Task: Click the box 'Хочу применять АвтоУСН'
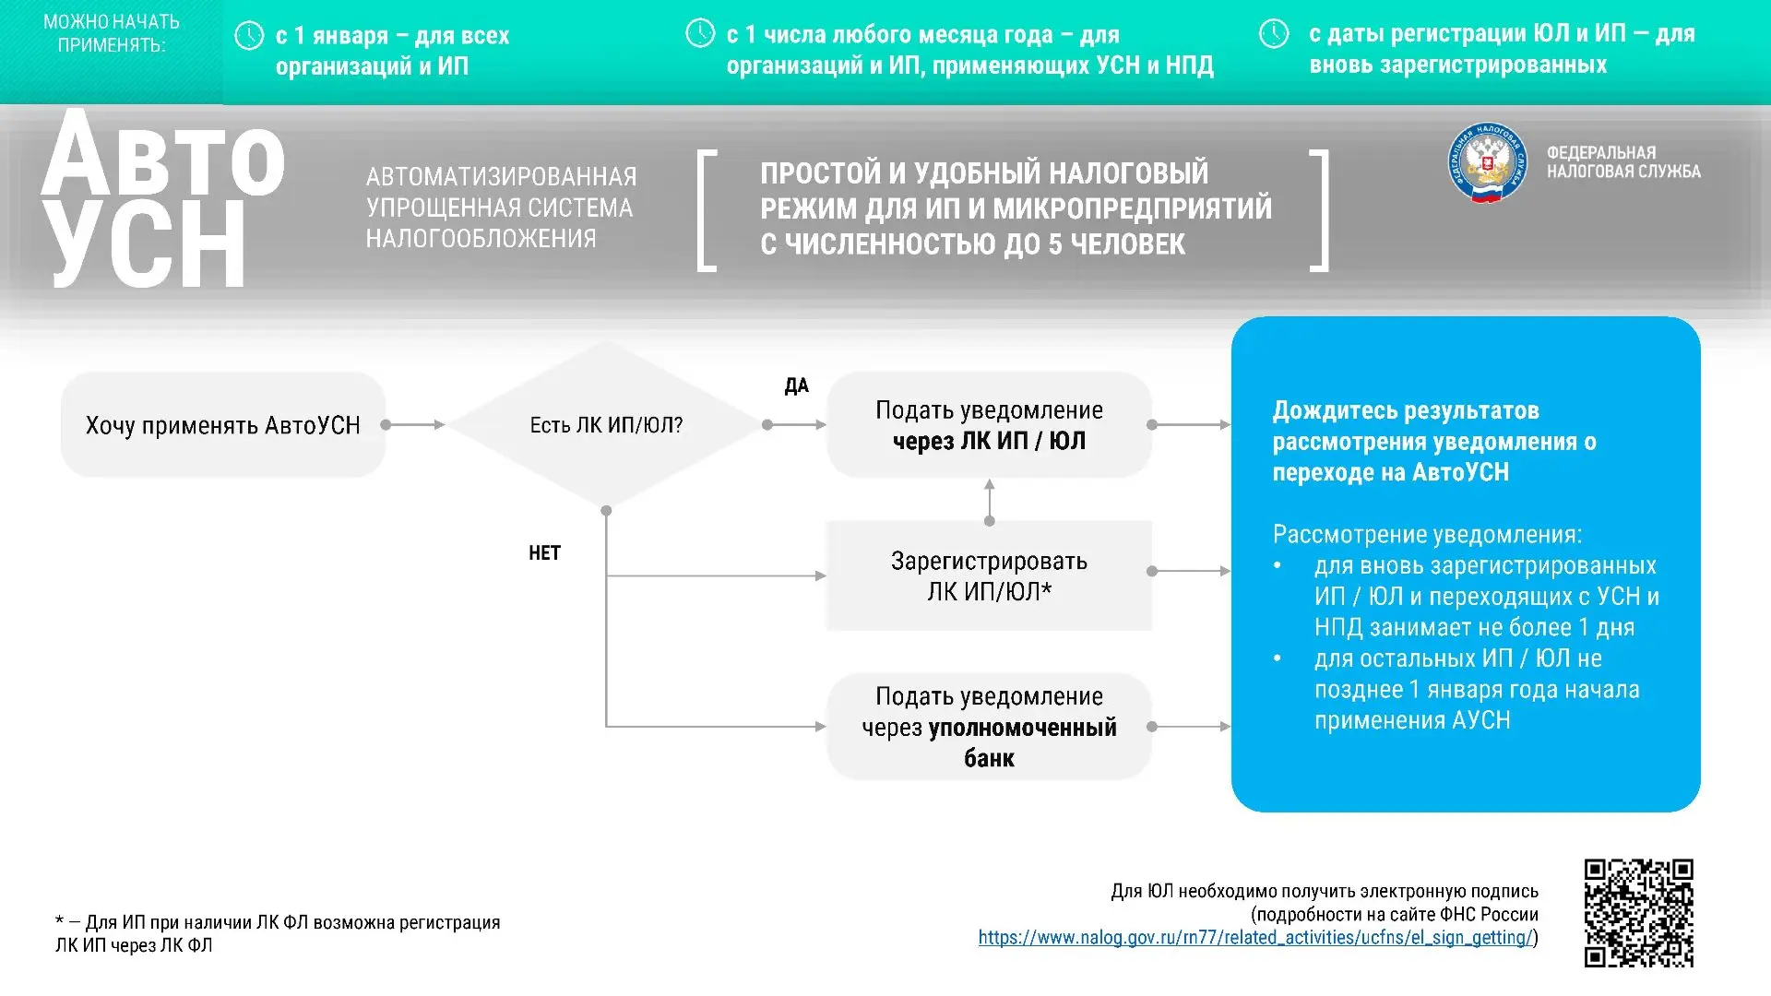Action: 223,425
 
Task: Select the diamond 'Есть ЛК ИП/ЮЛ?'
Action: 606,425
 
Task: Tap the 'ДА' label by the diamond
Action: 796,386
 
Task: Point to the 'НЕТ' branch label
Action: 544,553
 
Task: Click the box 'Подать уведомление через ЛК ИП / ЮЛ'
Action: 989,425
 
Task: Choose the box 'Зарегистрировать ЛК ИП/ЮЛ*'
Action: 989,576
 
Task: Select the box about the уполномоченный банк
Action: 989,727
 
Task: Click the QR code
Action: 1639,913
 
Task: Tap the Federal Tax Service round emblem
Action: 1487,163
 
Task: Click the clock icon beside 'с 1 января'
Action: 249,36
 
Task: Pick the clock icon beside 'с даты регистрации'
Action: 1274,34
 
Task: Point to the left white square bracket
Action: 707,210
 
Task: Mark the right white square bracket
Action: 1320,210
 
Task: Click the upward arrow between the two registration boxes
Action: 990,501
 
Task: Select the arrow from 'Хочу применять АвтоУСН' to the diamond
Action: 414,425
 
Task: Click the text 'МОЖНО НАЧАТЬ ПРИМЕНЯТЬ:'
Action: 112,33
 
